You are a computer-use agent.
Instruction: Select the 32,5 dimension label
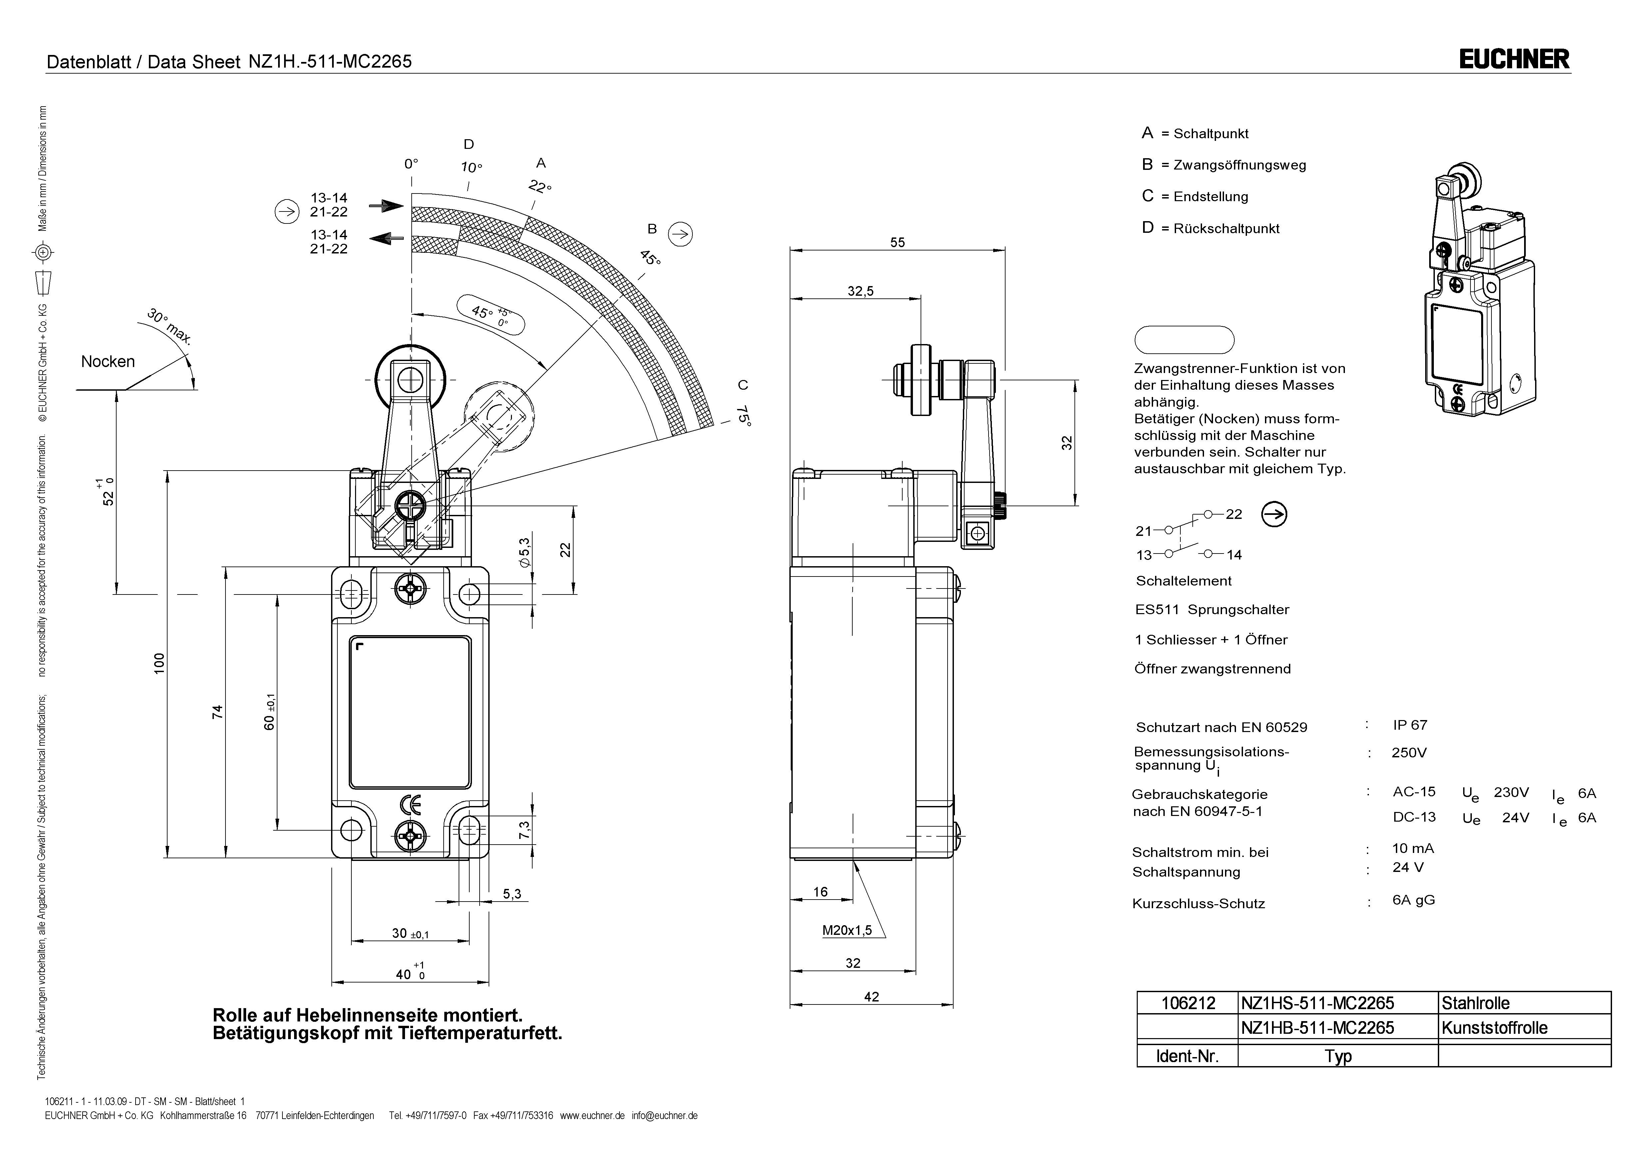861,291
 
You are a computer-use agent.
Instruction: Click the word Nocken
108,361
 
